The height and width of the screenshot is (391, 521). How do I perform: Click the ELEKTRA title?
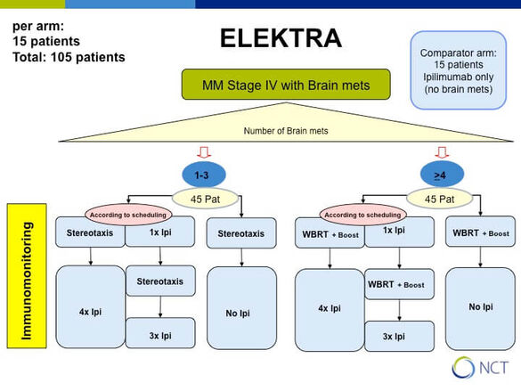point(281,38)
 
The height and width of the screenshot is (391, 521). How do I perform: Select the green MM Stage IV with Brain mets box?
point(286,85)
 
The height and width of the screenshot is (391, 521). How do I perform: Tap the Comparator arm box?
point(458,70)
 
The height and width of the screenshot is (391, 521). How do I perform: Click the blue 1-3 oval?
point(204,175)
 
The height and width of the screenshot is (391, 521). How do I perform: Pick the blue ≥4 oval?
point(442,175)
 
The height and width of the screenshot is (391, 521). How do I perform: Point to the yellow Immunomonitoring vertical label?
point(27,276)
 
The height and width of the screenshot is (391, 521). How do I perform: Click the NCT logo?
point(480,368)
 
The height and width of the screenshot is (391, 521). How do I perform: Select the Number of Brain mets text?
point(286,131)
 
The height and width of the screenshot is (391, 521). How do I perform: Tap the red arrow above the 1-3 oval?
point(204,152)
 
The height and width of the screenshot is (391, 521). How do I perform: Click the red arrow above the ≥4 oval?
point(442,152)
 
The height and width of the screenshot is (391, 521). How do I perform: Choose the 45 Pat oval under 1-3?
point(206,199)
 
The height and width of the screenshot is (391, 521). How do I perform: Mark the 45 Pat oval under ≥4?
point(439,199)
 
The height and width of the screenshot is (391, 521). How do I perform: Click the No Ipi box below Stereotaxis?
point(241,307)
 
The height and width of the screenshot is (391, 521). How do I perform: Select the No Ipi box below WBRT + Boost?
point(480,309)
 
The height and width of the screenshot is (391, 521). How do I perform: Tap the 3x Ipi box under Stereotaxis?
point(160,333)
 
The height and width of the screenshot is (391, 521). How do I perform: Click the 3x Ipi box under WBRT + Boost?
point(399,336)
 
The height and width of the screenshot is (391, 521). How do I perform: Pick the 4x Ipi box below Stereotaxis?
point(90,306)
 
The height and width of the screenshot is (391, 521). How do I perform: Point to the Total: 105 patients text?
point(69,57)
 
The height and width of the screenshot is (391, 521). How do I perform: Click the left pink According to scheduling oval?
point(128,215)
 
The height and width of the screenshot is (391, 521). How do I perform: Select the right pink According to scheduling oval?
point(362,215)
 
